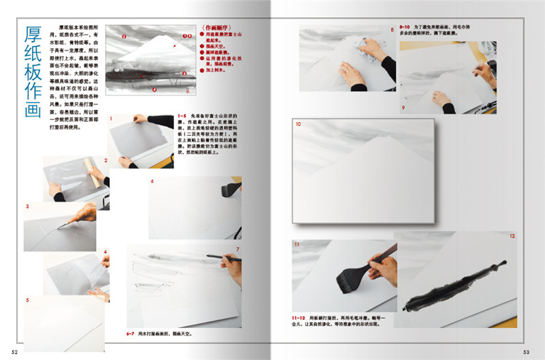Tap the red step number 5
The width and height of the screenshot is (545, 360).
[x=27, y=300]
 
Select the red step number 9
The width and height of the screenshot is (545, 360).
[x=403, y=108]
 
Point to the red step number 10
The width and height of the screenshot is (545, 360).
[x=298, y=125]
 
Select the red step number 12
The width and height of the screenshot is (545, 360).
[x=512, y=236]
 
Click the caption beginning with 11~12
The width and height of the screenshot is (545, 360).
[x=341, y=321]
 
